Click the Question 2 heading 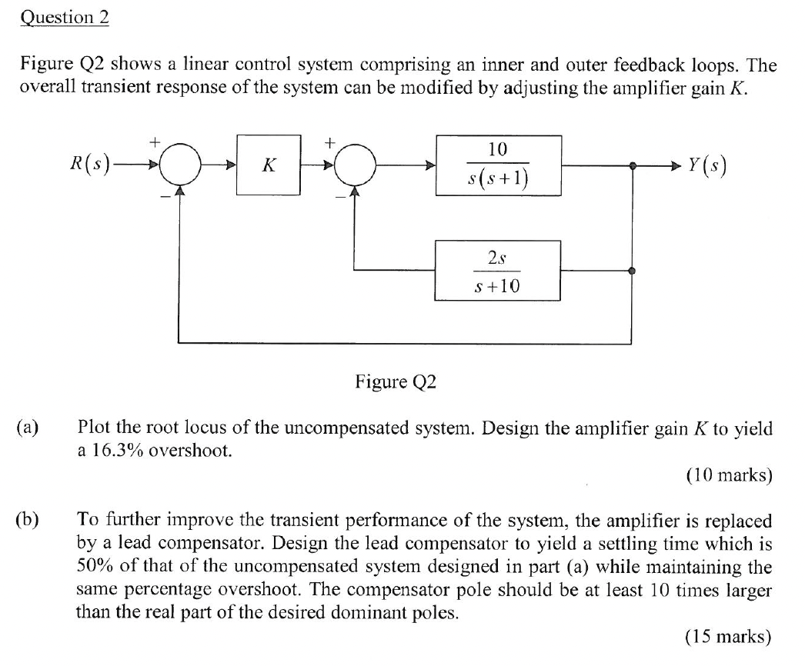click(65, 18)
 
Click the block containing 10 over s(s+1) click(498, 165)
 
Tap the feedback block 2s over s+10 click(498, 271)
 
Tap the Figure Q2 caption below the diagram click(395, 382)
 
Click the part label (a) click(32, 428)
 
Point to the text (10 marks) click(727, 475)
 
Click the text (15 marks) click(727, 636)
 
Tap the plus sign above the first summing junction click(155, 142)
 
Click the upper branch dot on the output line click(633, 165)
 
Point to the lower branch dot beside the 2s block click(633, 271)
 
